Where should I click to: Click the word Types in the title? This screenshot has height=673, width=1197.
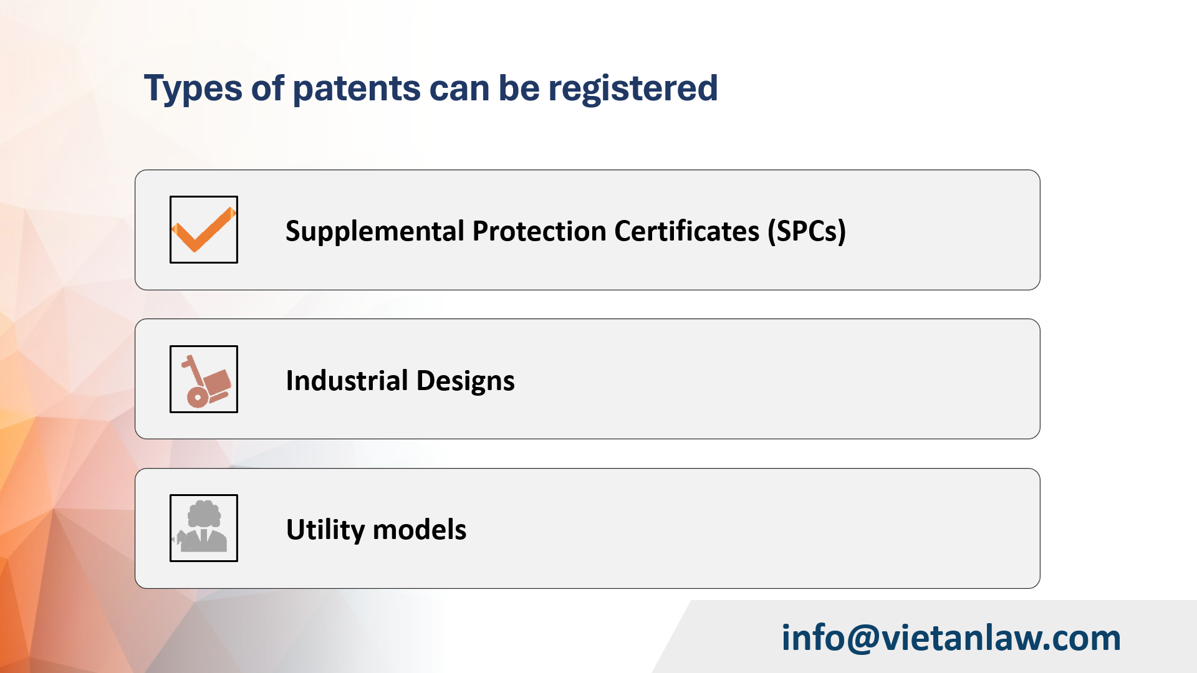[192, 89]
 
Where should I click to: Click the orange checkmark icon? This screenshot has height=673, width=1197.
[203, 230]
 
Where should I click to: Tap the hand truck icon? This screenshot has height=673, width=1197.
[204, 379]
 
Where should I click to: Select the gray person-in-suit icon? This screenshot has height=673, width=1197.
[203, 528]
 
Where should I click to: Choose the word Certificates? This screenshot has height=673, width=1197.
[686, 231]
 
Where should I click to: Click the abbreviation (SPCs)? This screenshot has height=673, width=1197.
[806, 231]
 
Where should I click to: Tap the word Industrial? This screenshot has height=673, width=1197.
[347, 381]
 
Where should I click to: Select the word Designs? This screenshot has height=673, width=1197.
[465, 381]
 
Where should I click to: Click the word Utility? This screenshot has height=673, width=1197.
[325, 530]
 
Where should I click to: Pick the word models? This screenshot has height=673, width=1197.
[420, 530]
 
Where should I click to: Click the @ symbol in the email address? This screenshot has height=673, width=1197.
[863, 639]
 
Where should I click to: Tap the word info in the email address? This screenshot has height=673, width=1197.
[812, 639]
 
